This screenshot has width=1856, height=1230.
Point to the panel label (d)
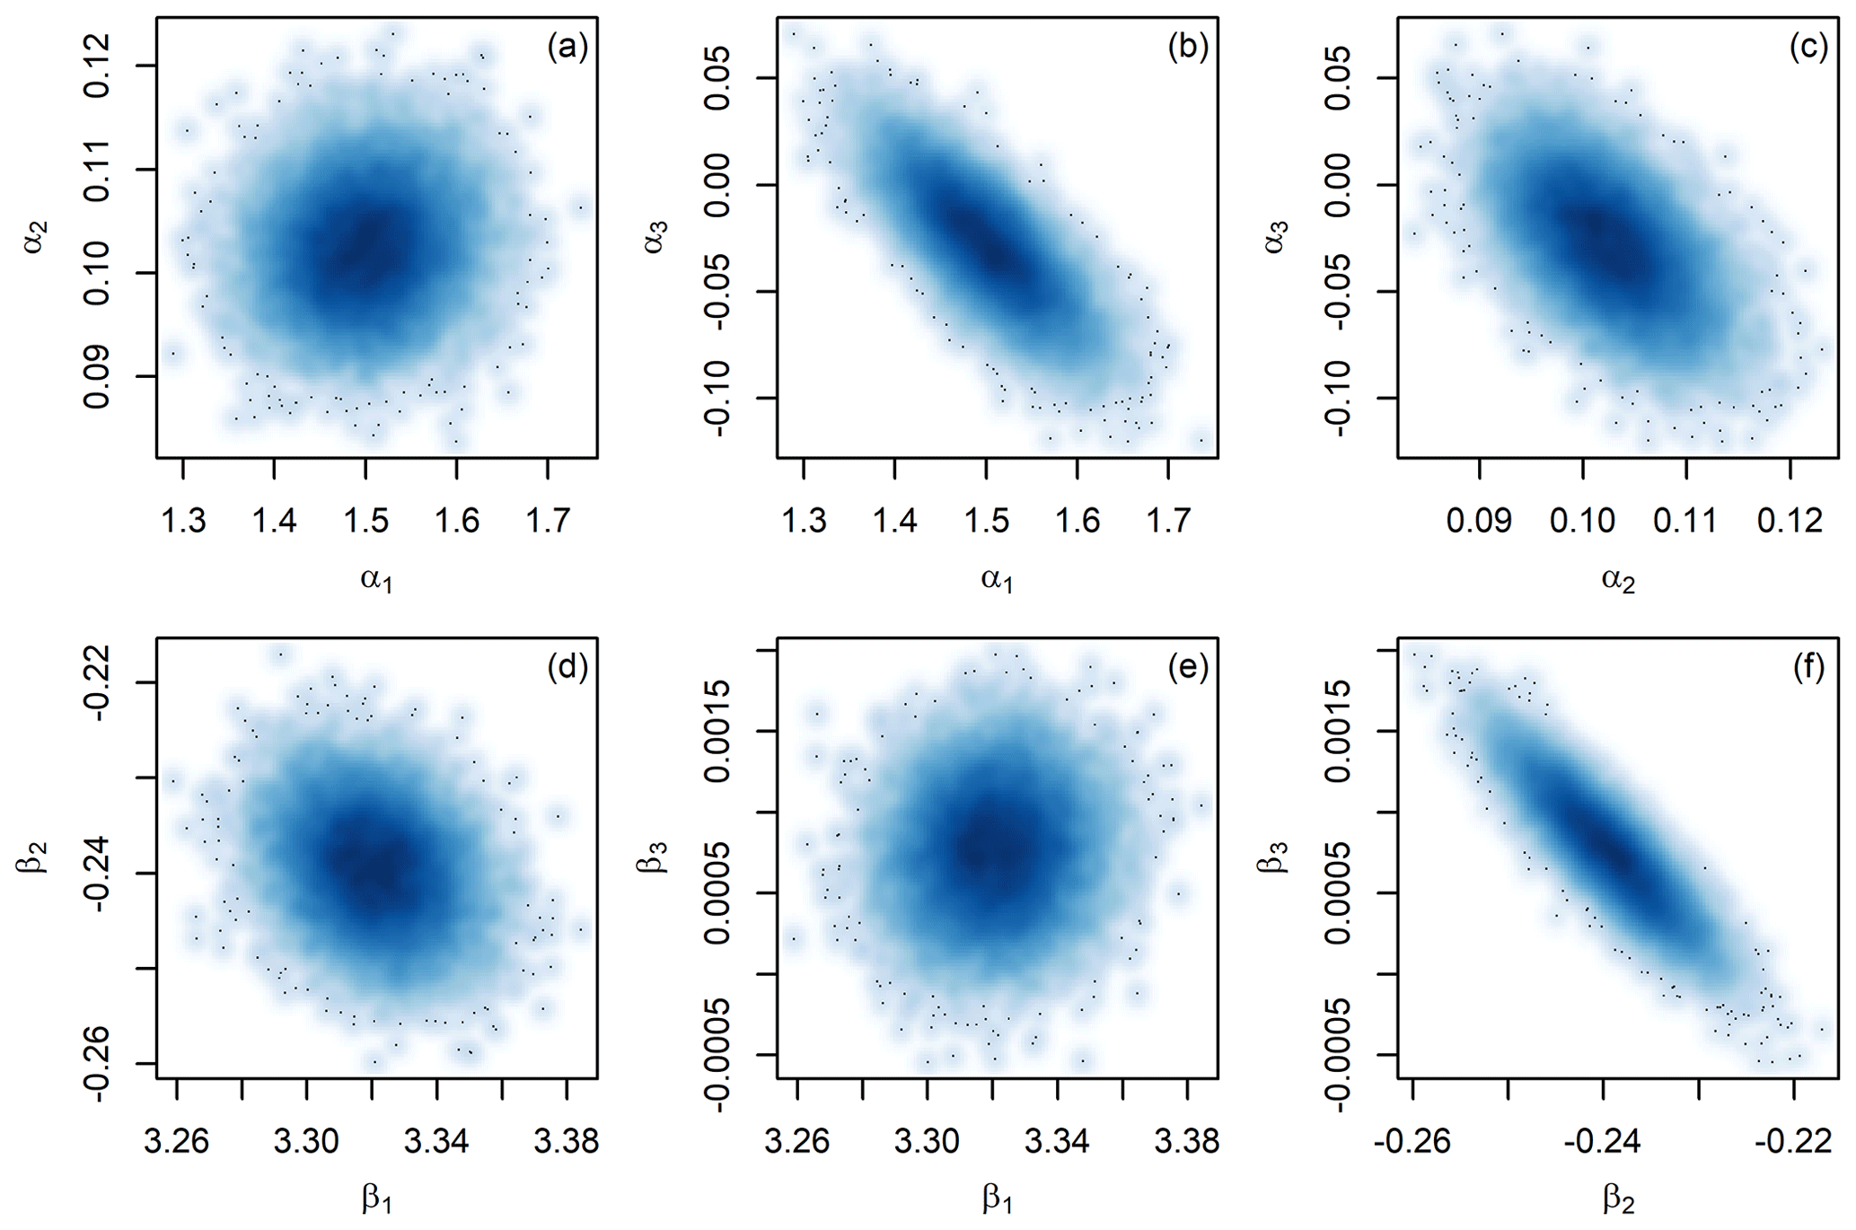(x=567, y=667)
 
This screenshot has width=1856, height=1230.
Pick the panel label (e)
(x=1187, y=667)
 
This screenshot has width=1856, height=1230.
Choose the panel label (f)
(x=1808, y=667)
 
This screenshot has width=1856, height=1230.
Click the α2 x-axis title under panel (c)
(x=1618, y=580)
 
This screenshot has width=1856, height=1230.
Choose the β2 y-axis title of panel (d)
(x=34, y=857)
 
